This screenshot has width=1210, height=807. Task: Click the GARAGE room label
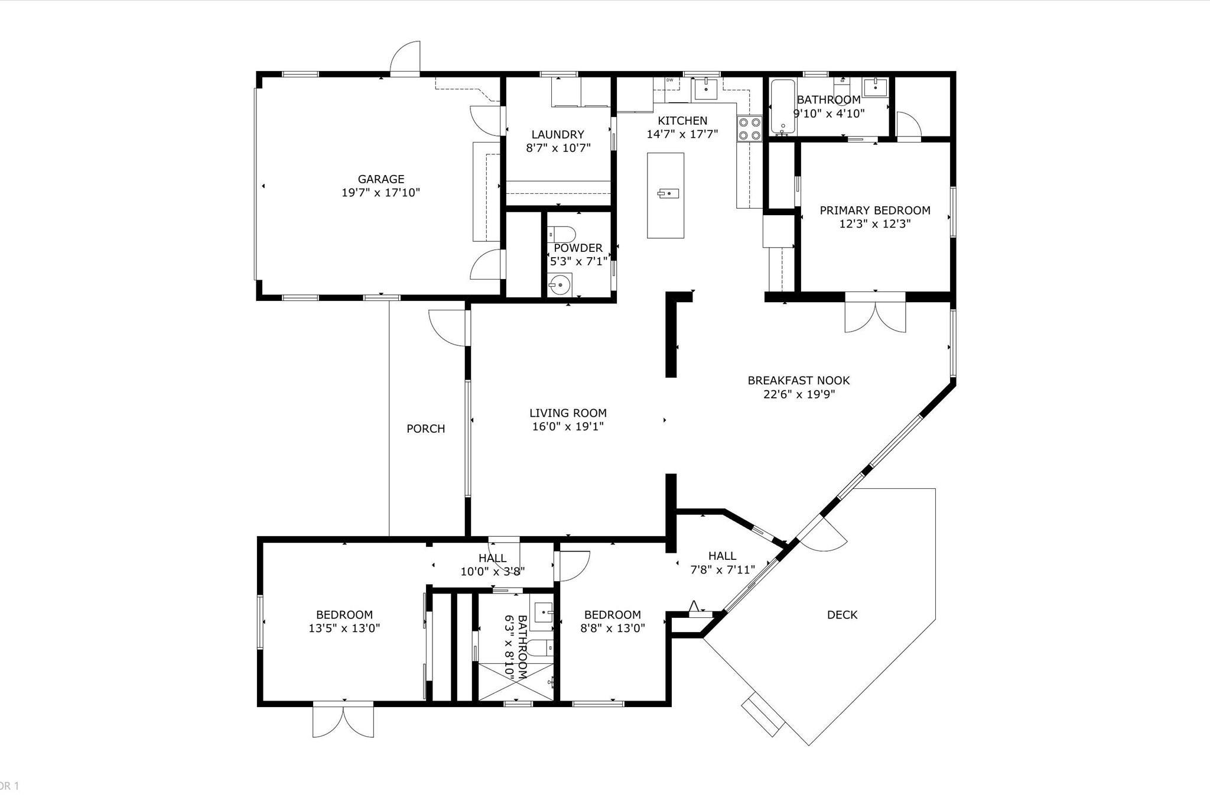pos(380,179)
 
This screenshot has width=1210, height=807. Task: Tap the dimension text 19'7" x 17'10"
pos(380,193)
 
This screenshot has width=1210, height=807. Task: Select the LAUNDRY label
pos(557,134)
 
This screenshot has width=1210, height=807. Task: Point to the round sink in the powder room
pos(560,285)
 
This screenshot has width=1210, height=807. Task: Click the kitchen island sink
pos(669,193)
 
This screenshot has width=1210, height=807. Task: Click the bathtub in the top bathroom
pos(783,106)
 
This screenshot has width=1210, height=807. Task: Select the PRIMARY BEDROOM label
pos(874,210)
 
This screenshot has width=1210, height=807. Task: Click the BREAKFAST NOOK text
pos(798,380)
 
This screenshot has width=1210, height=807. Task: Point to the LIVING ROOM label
pos(568,413)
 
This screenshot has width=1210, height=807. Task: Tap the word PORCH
pos(425,429)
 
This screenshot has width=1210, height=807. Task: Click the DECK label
pos(842,615)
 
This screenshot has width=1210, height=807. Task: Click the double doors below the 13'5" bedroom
pos(343,720)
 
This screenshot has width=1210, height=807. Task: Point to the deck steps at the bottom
pos(763,715)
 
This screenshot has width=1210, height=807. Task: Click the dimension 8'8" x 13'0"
pos(612,628)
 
